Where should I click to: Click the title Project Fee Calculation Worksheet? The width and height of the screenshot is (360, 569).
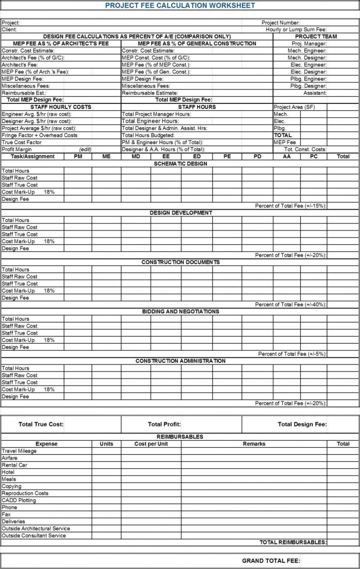(180, 5)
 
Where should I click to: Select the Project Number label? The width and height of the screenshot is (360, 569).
(281, 23)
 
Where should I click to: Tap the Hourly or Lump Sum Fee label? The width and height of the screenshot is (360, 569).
(296, 30)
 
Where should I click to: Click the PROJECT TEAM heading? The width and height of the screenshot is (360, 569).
(316, 37)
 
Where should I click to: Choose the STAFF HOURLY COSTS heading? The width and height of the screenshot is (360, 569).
(61, 107)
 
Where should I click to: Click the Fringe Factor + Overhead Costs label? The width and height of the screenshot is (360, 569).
(39, 135)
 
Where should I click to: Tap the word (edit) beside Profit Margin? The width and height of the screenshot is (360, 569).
(85, 149)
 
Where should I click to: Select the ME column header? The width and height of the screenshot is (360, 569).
(106, 156)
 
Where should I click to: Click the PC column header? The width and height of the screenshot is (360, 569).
(314, 156)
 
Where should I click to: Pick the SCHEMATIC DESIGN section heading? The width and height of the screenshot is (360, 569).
(181, 163)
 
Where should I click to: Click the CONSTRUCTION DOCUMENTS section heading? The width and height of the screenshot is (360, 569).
(181, 262)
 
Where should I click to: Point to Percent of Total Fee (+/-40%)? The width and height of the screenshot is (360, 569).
(291, 305)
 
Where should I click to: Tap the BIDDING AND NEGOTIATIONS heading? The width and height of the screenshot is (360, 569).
(181, 312)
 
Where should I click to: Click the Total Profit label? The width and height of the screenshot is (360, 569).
(164, 424)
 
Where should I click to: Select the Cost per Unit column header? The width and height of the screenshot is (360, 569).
(151, 444)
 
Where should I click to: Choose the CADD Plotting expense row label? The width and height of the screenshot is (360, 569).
(19, 500)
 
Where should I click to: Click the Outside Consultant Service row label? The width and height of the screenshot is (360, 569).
(34, 536)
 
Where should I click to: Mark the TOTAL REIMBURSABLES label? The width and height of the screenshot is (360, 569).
(293, 542)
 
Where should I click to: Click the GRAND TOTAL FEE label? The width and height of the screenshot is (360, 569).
(271, 561)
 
